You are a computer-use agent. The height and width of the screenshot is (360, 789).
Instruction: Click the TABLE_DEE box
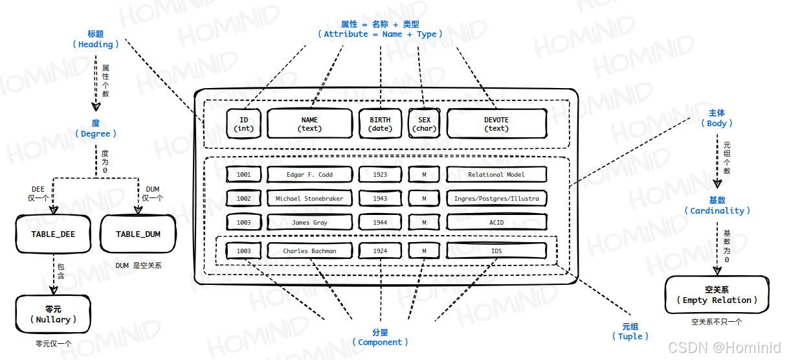point(53,234)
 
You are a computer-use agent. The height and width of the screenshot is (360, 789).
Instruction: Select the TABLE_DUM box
point(138,234)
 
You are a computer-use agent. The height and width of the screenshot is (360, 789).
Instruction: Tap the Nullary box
point(53,314)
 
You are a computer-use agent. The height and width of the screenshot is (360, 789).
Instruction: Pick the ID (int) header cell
point(244,124)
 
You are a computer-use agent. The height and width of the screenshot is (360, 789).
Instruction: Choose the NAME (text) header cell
point(309,124)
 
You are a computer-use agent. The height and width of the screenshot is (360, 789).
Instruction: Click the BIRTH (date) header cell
point(380,124)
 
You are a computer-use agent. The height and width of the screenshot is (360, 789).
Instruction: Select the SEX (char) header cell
point(424,124)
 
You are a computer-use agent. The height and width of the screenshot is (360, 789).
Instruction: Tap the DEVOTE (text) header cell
point(496,124)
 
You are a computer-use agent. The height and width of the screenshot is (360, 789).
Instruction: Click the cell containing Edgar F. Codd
point(309,175)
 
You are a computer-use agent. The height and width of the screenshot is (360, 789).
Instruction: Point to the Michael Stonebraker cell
point(309,199)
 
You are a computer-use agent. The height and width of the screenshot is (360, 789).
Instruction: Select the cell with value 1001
point(244,175)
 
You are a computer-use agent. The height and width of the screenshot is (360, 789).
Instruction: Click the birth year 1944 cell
point(380,223)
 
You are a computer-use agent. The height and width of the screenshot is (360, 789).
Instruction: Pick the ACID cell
point(496,223)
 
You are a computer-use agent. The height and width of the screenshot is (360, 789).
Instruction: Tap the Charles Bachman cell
point(309,251)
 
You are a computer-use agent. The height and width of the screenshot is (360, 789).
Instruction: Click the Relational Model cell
point(496,175)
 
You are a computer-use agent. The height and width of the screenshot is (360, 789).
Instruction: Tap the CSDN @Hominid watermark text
point(724,348)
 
